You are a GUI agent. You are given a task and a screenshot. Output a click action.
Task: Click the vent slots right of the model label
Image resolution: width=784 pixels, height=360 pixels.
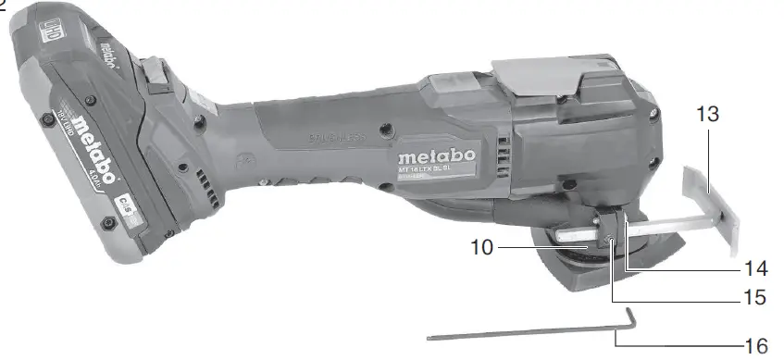pyautogui.click(x=504, y=158)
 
